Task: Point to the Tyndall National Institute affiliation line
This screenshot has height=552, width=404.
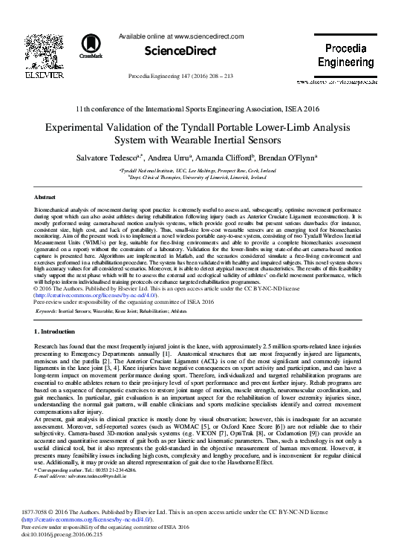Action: coord(202,170)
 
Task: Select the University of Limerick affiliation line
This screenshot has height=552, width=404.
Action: coord(202,178)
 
